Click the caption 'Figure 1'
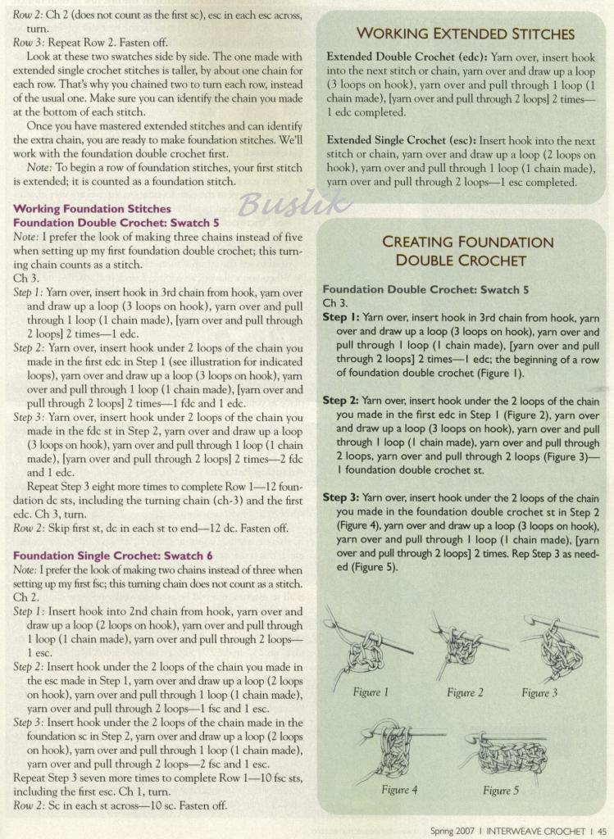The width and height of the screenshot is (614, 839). coord(371,692)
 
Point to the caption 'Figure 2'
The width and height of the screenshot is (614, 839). coord(465,692)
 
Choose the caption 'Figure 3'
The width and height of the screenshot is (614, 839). coord(539,692)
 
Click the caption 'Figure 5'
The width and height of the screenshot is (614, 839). coord(501,790)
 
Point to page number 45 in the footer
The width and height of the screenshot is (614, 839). coord(601,830)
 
